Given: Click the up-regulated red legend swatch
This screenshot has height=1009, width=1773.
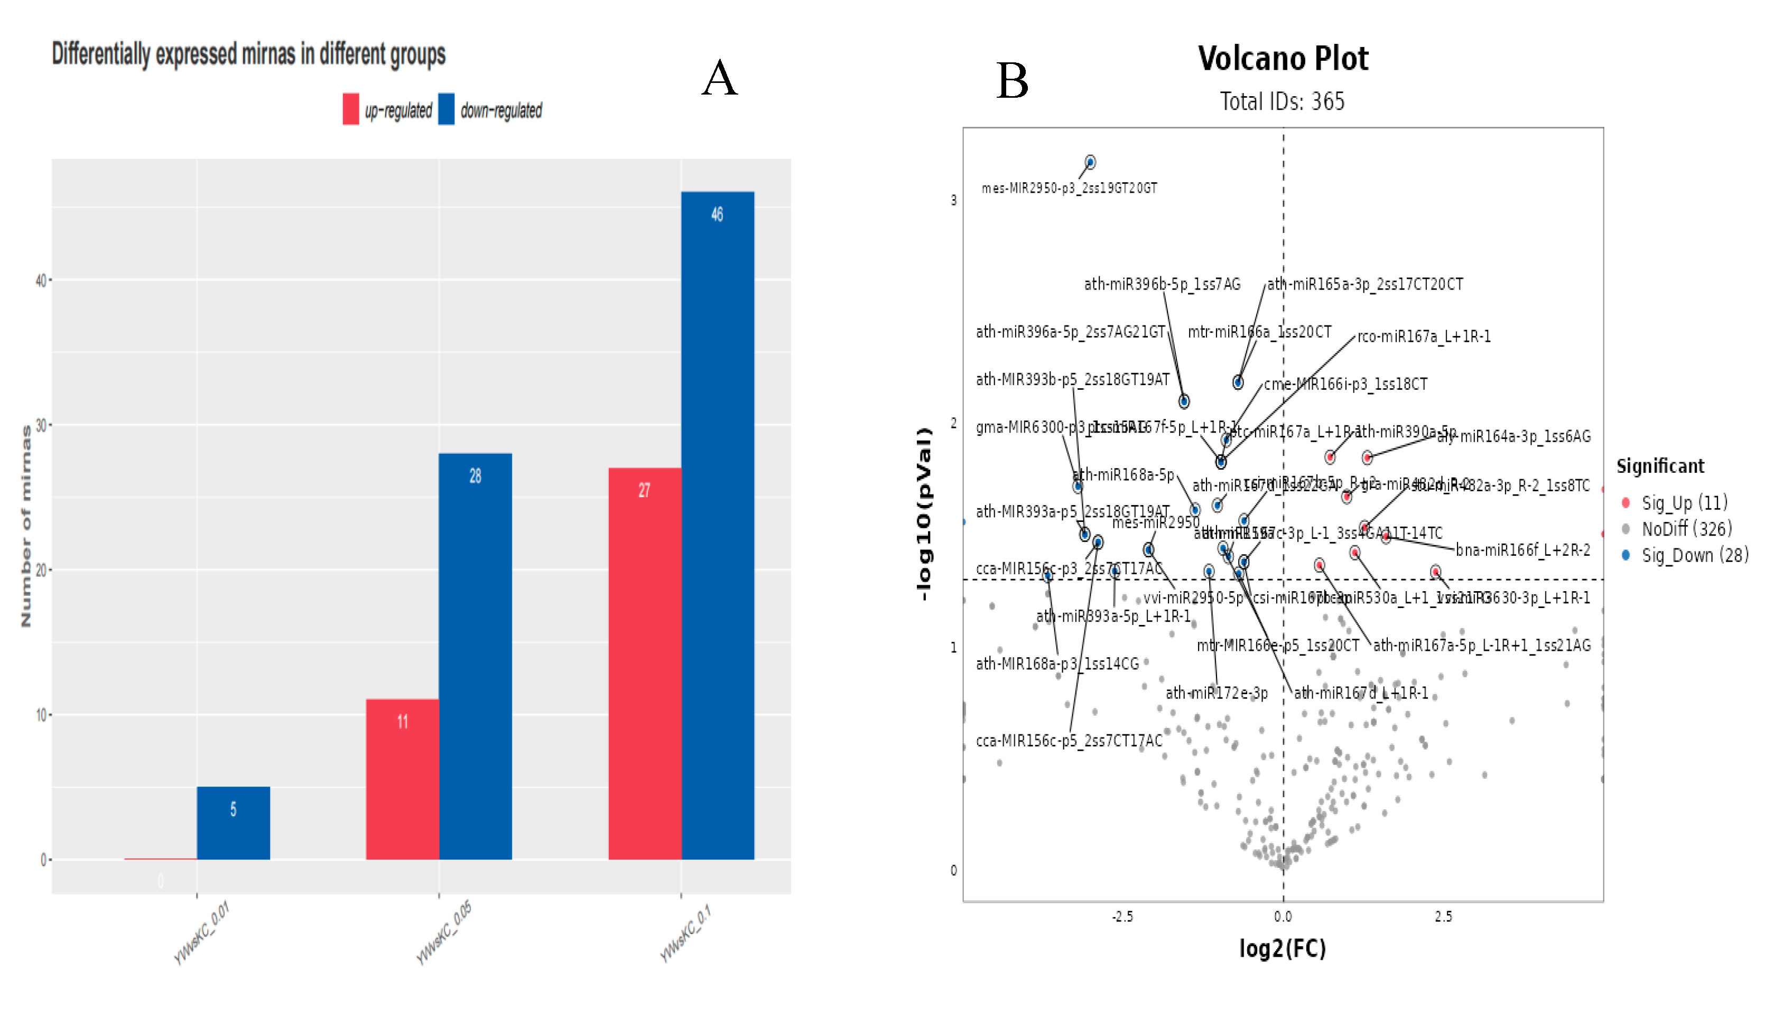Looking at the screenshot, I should click(351, 109).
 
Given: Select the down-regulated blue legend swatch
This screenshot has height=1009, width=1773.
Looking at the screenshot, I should click(447, 109).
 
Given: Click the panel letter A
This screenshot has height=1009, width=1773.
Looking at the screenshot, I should click(719, 78).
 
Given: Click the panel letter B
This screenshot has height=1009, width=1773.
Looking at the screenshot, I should click(1011, 80).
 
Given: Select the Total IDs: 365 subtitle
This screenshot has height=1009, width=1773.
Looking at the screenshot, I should click(1282, 102).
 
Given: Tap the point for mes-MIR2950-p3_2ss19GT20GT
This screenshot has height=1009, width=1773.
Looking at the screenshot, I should click(1090, 162).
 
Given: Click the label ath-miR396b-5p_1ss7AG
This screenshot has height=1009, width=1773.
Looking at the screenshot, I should click(1162, 284).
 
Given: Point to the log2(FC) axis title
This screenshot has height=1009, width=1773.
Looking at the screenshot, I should click(1282, 948).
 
